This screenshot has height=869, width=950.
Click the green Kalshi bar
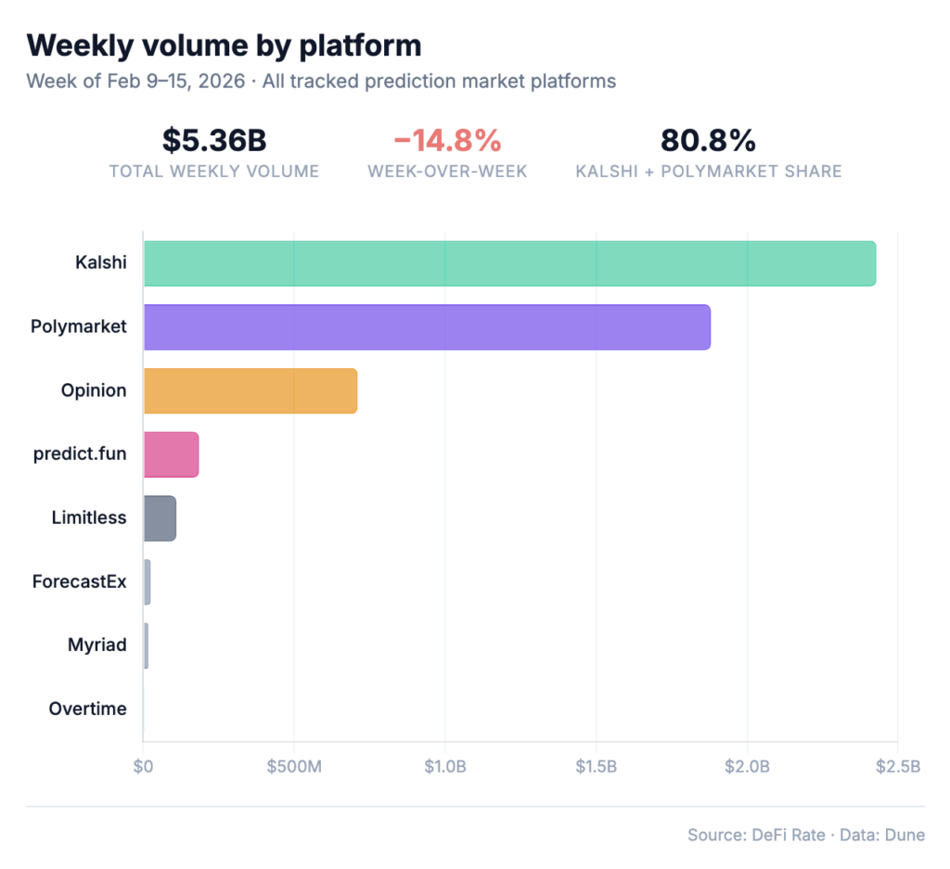(509, 263)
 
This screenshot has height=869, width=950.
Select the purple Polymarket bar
(427, 326)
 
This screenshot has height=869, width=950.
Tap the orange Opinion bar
(250, 390)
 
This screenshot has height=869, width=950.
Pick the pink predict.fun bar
(171, 454)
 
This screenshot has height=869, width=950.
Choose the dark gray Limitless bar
(160, 518)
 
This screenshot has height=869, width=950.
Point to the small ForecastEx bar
(148, 582)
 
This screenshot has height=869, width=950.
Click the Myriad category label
(96, 645)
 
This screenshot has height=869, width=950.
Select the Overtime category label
(87, 709)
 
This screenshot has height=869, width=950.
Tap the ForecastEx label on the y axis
(79, 582)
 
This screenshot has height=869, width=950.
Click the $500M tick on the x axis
(294, 766)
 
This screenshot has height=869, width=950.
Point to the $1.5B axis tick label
(596, 766)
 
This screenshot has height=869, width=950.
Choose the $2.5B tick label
(897, 766)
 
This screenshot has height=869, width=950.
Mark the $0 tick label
(143, 766)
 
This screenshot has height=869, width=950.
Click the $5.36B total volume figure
(214, 140)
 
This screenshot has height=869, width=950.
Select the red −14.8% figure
(448, 140)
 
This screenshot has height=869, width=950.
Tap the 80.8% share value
(708, 140)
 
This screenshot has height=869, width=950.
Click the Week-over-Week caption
(448, 172)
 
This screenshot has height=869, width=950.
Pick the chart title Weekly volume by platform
(224, 45)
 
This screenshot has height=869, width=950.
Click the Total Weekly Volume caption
(214, 172)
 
